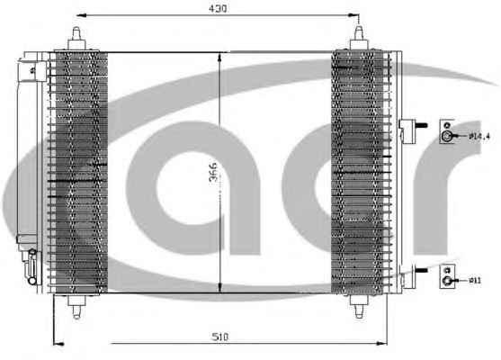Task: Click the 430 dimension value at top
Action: (x=218, y=9)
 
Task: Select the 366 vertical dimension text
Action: (x=213, y=172)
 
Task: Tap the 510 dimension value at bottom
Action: (x=220, y=337)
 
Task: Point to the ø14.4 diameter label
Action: (x=479, y=137)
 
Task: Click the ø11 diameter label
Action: (x=475, y=281)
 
